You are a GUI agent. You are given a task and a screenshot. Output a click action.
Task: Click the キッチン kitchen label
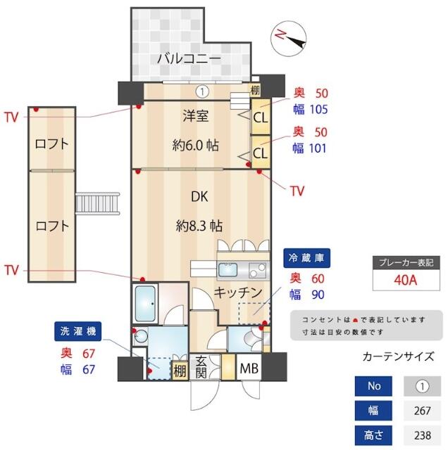coord(238,292)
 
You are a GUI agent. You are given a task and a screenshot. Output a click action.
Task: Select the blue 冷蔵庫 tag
coord(308,258)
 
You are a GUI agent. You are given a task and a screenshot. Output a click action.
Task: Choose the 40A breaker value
coord(406,281)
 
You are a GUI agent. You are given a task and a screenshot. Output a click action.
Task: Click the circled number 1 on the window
coord(201,91)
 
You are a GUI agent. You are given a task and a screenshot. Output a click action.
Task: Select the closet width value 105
coord(320,109)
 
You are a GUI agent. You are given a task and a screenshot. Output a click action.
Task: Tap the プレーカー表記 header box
coord(406,262)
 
